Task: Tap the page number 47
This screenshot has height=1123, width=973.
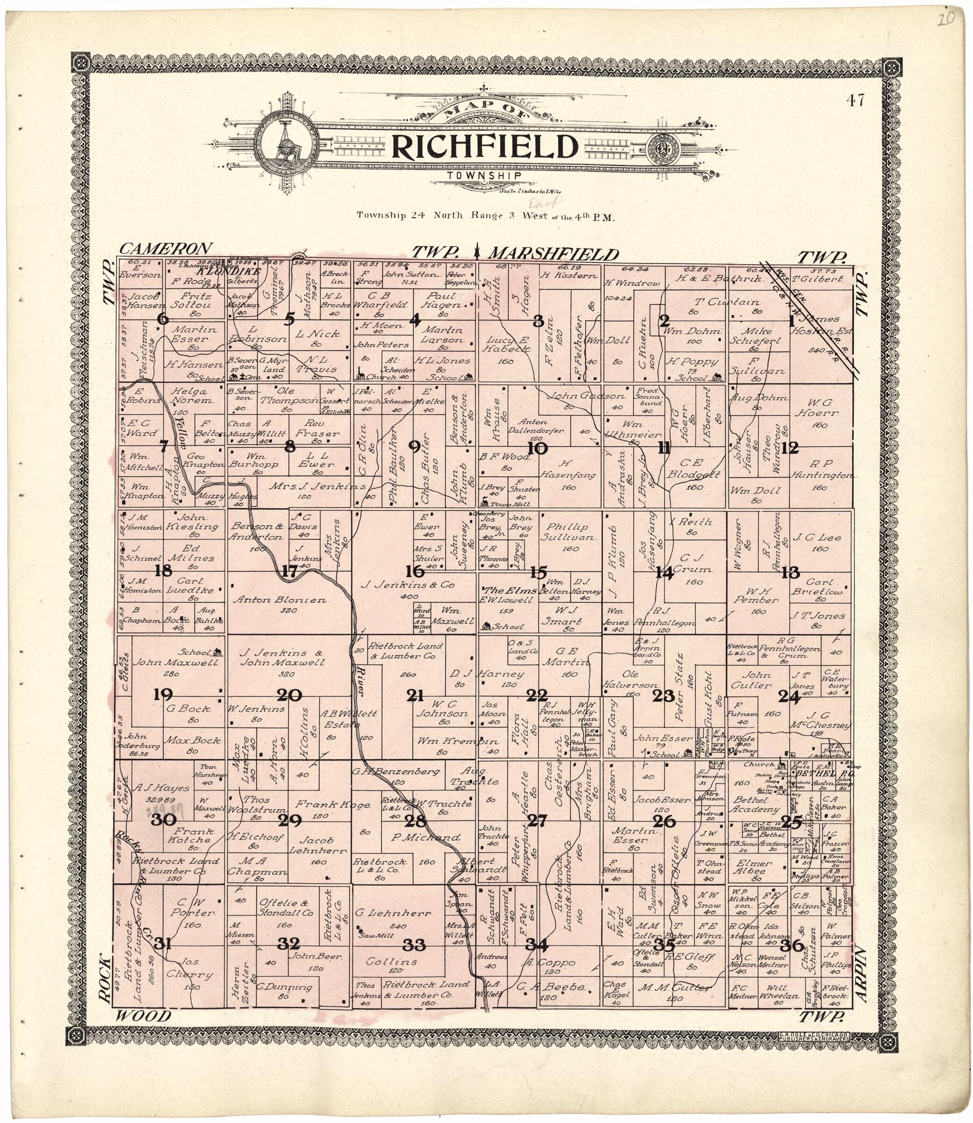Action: [x=854, y=100]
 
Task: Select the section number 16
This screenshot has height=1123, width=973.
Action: [x=415, y=571]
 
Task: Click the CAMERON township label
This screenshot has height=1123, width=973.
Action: [x=165, y=249]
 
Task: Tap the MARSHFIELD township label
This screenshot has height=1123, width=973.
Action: [x=554, y=254]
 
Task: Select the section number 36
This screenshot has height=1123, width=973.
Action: [x=795, y=945]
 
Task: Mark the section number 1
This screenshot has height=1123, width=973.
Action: [x=791, y=320]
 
